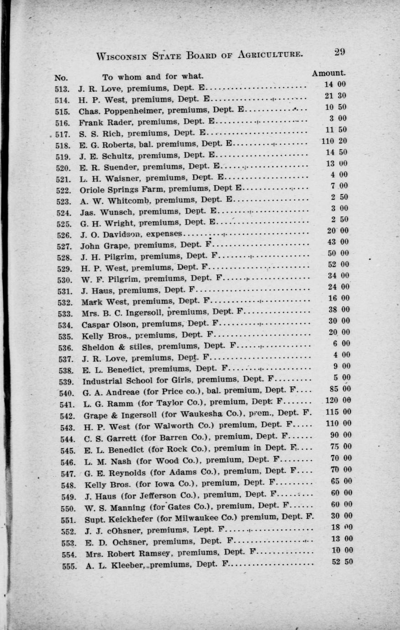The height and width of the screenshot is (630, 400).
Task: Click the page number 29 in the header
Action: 339,52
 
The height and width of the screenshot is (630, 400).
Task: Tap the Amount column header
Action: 329,73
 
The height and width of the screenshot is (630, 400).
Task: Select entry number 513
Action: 62,89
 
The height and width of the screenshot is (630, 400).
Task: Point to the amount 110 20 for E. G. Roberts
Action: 334,141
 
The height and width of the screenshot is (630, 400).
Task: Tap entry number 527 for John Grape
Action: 63,247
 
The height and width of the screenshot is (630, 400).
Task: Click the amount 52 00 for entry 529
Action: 338,265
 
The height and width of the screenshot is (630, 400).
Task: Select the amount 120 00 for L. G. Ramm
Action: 338,401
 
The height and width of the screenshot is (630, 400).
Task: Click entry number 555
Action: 68,566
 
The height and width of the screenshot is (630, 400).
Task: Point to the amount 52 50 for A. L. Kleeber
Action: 342,562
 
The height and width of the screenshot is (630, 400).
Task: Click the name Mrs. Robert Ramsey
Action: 129,554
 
